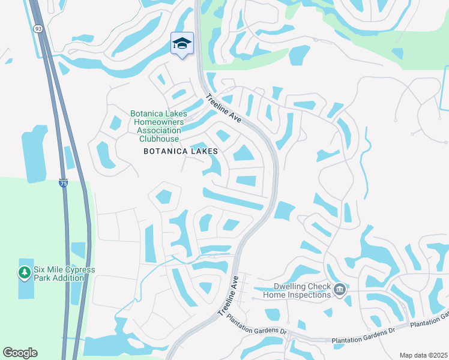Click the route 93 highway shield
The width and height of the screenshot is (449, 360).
tap(38, 28)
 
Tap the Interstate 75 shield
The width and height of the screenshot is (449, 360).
tap(63, 184)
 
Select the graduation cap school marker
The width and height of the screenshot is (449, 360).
tap(182, 44)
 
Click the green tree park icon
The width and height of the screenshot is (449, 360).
tap(24, 273)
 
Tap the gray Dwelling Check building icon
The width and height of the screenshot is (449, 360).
tap(339, 290)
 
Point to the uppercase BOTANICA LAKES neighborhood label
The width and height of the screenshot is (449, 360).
tap(180, 152)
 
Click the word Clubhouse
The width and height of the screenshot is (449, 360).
tap(159, 139)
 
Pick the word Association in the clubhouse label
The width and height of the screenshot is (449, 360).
tap(159, 130)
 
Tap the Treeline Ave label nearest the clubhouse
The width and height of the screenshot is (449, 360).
tap(223, 109)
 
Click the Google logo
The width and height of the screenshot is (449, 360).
tap(20, 353)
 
